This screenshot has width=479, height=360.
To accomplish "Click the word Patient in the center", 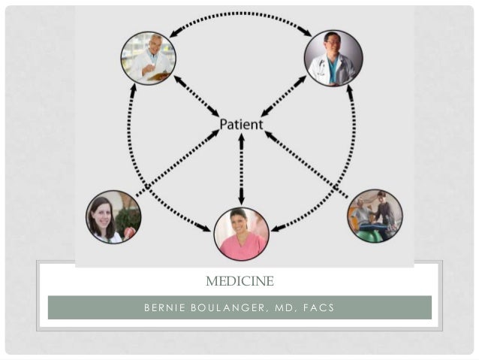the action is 241,124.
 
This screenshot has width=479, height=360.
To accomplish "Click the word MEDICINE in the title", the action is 239,282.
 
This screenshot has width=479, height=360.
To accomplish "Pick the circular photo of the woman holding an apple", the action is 113,217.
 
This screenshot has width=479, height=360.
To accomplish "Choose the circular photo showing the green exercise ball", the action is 375,216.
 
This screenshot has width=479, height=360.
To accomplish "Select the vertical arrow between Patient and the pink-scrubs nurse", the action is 241,169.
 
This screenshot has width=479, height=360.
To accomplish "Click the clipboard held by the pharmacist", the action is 158,74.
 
